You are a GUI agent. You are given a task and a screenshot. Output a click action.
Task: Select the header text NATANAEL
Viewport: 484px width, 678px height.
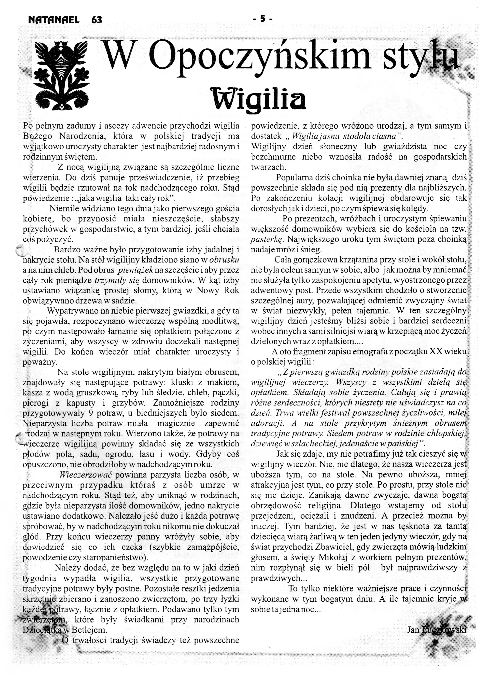54,20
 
